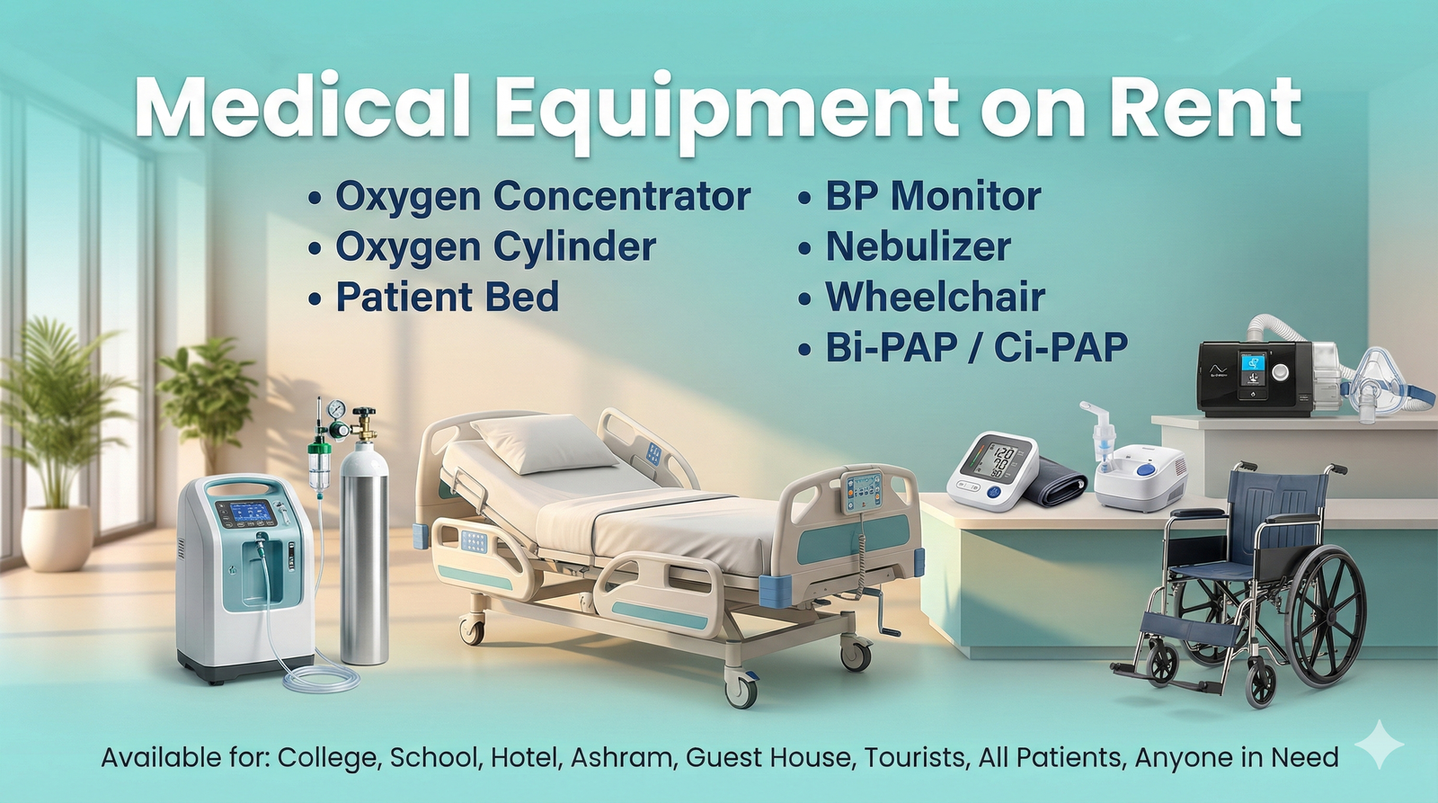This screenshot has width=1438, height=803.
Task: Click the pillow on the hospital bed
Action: (545, 442)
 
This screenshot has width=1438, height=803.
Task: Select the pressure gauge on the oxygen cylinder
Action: (336, 408)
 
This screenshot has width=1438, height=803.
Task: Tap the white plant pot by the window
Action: (58, 539)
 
